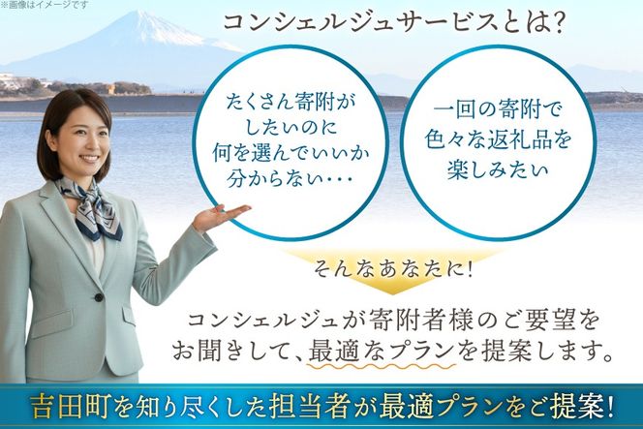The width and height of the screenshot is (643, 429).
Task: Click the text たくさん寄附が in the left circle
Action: coord(289,99)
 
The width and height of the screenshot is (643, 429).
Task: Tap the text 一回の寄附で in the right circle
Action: coord(498,100)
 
